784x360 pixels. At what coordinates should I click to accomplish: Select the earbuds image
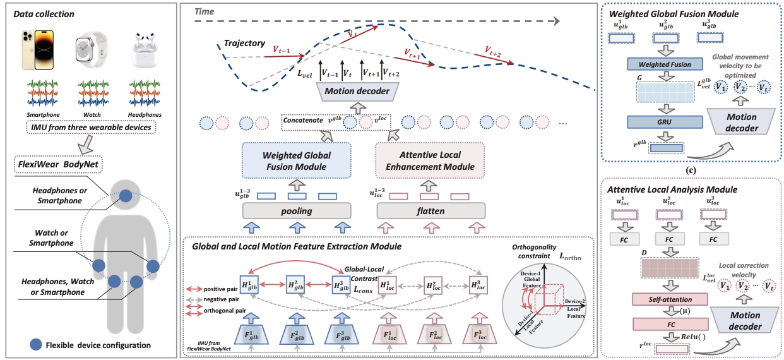pos(143,48)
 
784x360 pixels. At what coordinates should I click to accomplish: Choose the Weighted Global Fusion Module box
pos(295,160)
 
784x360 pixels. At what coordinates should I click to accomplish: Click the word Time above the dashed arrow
pos(205,12)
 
